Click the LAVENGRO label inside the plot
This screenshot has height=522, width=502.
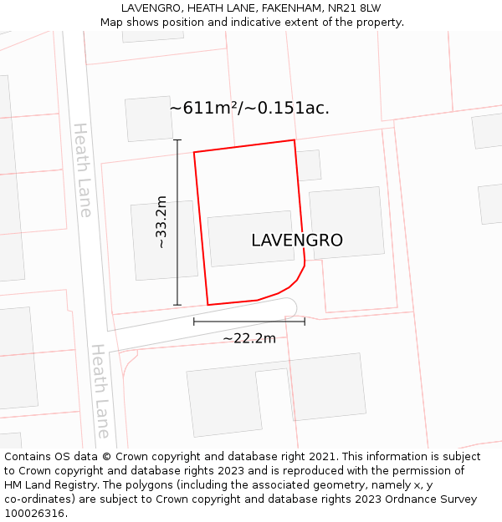(x=297, y=241)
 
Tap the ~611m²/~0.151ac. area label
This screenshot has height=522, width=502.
(x=249, y=109)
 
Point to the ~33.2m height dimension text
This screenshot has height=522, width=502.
(x=161, y=222)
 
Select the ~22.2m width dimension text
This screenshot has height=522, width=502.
(x=248, y=338)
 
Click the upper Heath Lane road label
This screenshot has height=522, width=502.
(x=82, y=170)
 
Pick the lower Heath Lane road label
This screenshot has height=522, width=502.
(x=100, y=391)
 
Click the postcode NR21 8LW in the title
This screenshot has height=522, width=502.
(x=353, y=8)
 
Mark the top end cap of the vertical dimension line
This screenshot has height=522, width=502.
(x=177, y=140)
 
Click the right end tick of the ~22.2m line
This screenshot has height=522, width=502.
(x=305, y=321)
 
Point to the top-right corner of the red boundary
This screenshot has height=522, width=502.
(x=295, y=140)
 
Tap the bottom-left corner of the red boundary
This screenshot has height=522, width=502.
(x=207, y=305)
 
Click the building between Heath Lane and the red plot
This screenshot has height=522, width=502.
(x=164, y=241)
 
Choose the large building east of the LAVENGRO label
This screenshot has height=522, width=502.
(x=346, y=223)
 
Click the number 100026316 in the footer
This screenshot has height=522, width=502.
(x=33, y=513)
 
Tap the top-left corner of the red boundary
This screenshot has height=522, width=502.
(x=194, y=152)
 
